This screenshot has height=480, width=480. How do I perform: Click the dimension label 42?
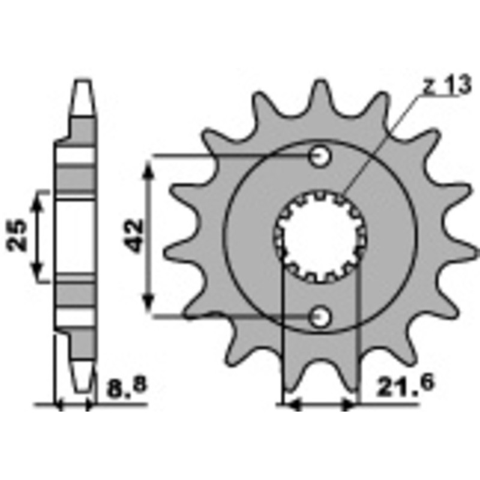(134, 235)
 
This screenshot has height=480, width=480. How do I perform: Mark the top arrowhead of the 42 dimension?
(149, 168)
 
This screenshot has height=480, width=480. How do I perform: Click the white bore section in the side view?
(77, 236)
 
